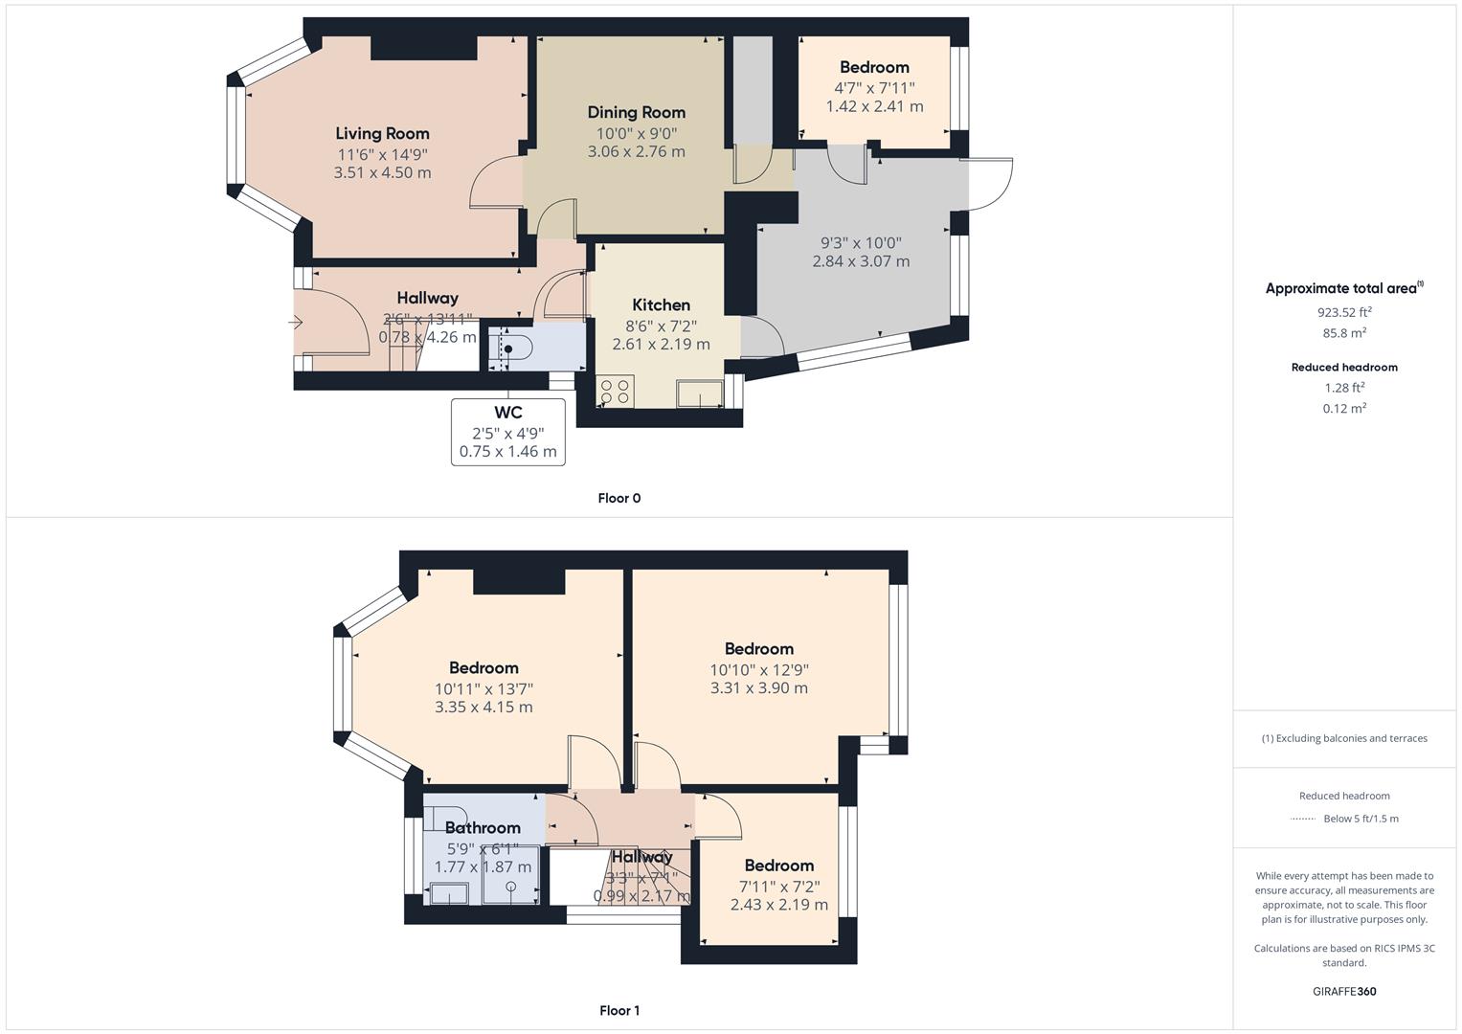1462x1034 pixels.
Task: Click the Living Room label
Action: coord(382,133)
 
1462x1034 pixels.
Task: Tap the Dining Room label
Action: coord(636,112)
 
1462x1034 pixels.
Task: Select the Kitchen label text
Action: coord(661,304)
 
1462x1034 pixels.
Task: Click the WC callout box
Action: coord(507,432)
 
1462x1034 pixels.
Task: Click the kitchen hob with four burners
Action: coord(615,391)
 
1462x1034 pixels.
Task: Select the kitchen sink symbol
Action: coord(700,393)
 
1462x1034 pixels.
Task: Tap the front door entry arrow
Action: coord(296,323)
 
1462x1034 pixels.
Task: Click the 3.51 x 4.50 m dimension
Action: coord(382,173)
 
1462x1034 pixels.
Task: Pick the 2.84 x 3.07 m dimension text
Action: coord(861,261)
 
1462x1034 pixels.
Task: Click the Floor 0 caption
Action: coord(619,498)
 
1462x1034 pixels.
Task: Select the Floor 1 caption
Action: coord(619,1010)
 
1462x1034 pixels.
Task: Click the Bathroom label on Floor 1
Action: coord(483,827)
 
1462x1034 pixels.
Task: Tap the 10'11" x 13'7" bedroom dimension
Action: coord(484,688)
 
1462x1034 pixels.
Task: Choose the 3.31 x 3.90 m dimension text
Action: coord(758,687)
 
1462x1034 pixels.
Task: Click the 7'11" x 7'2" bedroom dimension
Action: coord(778,886)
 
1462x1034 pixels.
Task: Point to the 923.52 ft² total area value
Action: coord(1344,312)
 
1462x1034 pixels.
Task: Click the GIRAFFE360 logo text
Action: coord(1344,991)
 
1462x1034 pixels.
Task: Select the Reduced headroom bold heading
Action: coord(1344,367)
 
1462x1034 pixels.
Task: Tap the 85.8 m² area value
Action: coord(1344,333)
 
